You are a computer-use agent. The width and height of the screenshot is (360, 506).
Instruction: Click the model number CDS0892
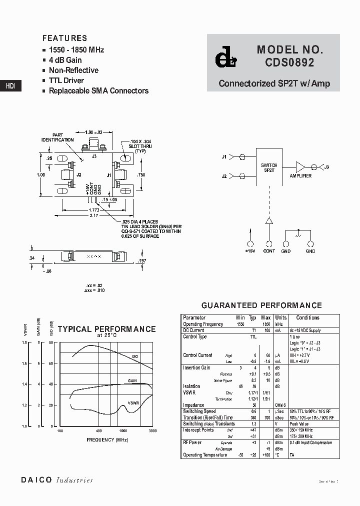tap(290, 63)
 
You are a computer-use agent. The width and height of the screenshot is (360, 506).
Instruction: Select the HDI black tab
tap(10, 86)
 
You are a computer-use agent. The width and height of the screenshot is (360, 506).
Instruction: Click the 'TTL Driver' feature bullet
tap(66, 80)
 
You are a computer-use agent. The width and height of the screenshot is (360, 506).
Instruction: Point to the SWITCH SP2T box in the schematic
tap(269, 167)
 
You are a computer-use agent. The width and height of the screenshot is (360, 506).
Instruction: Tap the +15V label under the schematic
tap(250, 251)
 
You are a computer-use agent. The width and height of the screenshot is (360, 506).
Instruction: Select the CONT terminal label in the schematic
tap(269, 251)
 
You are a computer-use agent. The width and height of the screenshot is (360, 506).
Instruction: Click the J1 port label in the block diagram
tap(224, 157)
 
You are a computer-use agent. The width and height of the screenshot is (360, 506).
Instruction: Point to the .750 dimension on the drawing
tap(141, 175)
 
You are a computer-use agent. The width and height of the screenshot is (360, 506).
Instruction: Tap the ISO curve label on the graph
tap(135, 356)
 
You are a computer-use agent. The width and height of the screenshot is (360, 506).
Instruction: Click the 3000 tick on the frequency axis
tap(152, 430)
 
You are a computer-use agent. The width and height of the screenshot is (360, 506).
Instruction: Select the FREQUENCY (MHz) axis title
tap(107, 439)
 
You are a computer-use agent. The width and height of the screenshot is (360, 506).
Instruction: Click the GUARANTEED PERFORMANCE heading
tap(261, 305)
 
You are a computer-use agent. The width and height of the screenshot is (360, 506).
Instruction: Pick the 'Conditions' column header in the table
tap(307, 317)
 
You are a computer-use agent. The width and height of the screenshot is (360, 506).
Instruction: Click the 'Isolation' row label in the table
tap(191, 386)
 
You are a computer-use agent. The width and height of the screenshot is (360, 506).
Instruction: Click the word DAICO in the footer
tap(36, 480)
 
